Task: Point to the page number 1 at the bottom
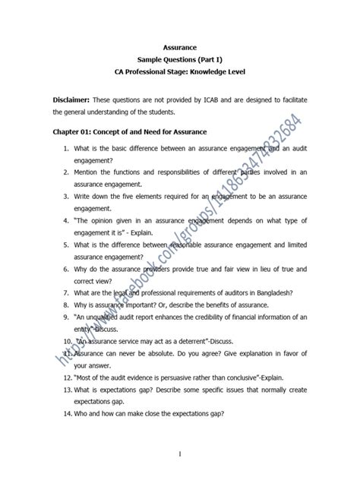point(180,454)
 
